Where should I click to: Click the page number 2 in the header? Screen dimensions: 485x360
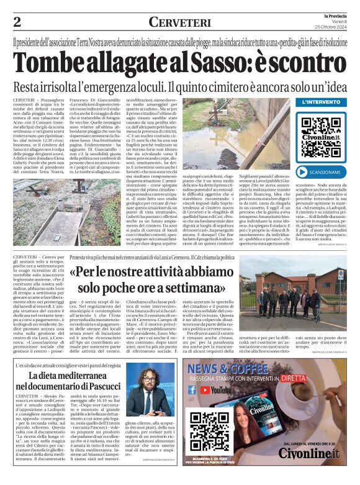pos(17,22)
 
